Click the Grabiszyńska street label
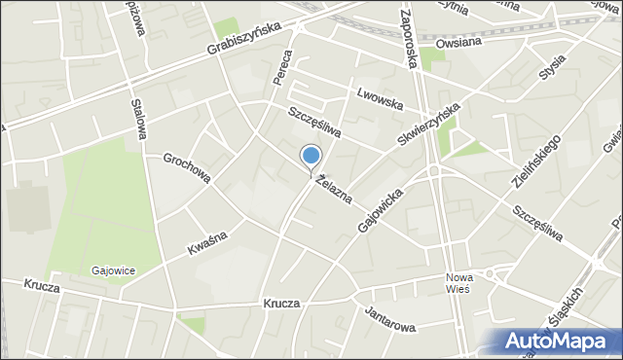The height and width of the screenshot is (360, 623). point(243,39)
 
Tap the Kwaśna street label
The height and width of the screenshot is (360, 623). point(209,243)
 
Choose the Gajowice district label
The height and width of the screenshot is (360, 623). point(114,270)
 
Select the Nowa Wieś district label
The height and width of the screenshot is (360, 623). point(458,282)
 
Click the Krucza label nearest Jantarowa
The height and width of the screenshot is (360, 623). point(280,304)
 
